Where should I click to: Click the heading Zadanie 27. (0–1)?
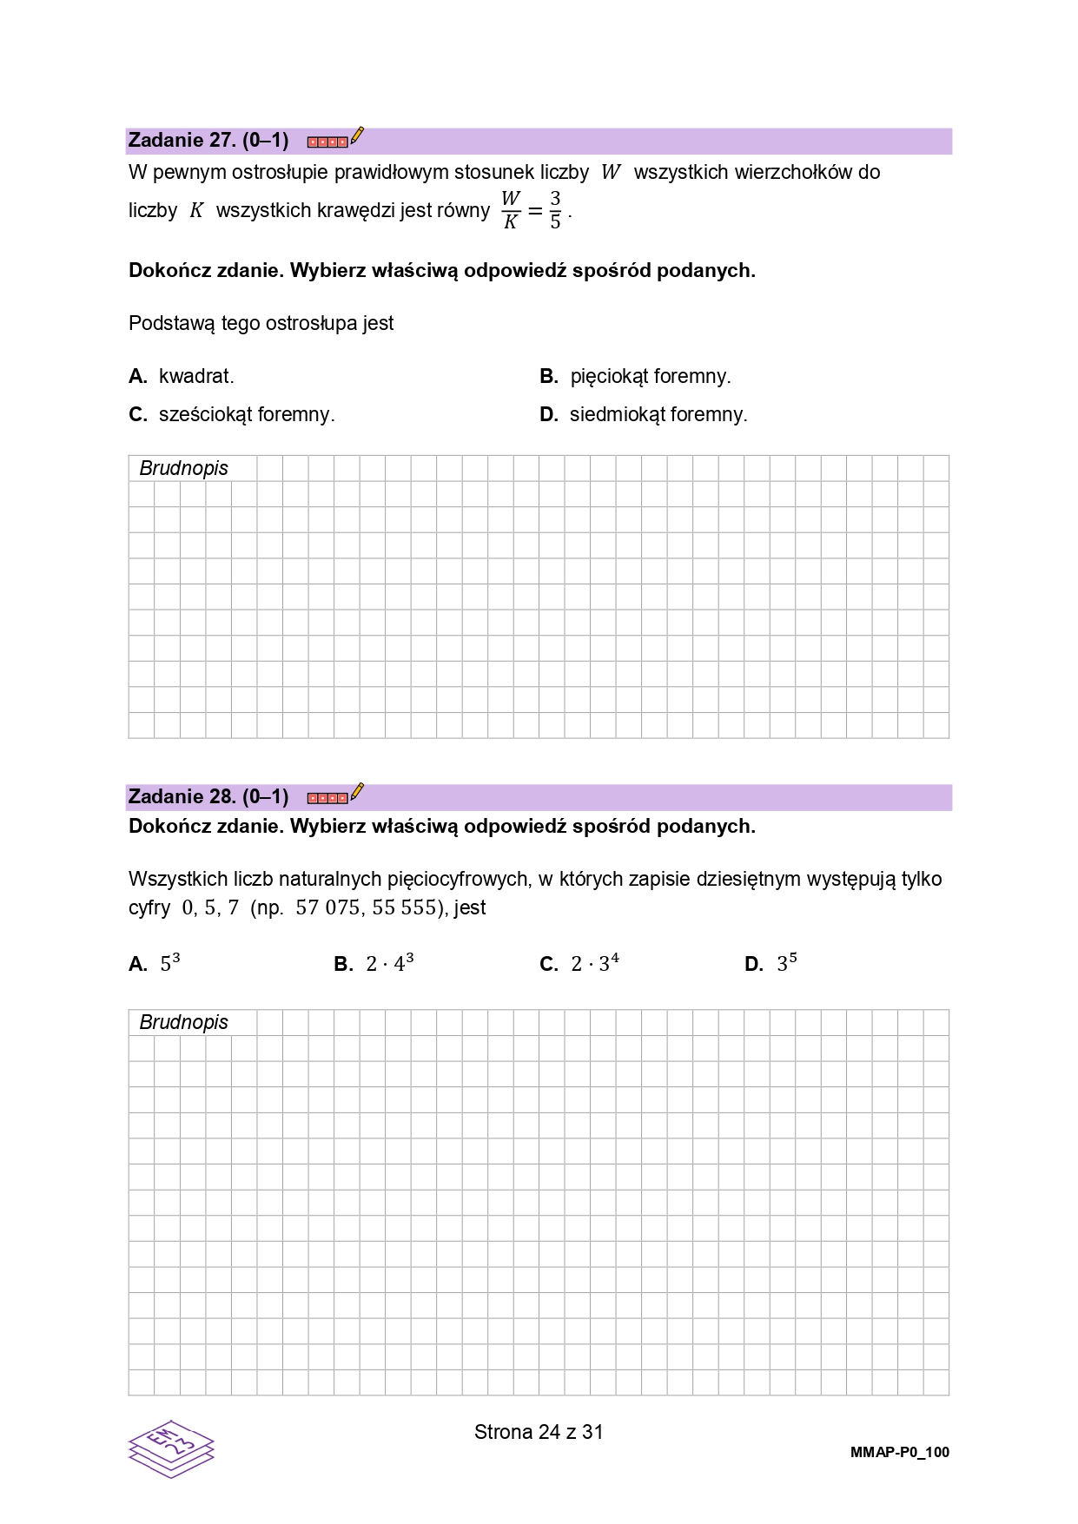coord(208,141)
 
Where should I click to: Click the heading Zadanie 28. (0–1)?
coord(208,797)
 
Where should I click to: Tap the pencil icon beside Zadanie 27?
coord(356,137)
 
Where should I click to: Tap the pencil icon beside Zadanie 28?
coord(356,794)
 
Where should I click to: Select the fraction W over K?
coord(511,210)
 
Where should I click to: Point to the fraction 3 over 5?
coord(555,210)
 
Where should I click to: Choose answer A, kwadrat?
coord(182,377)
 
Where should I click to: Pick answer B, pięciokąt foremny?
coord(636,377)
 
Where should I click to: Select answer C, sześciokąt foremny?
coord(232,415)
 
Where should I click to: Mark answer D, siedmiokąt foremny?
coord(644,415)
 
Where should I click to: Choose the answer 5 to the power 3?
coord(155,964)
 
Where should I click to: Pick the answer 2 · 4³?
coord(375,964)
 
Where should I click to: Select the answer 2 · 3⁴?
coord(580,964)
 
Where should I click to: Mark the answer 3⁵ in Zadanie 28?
coord(772,964)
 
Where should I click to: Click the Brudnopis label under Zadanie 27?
coord(183,469)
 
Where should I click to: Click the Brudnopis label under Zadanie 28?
coord(183,1023)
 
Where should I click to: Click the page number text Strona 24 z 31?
coord(539,1433)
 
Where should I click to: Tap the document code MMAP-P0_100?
coord(899,1453)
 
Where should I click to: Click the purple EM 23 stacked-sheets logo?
coord(171,1448)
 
